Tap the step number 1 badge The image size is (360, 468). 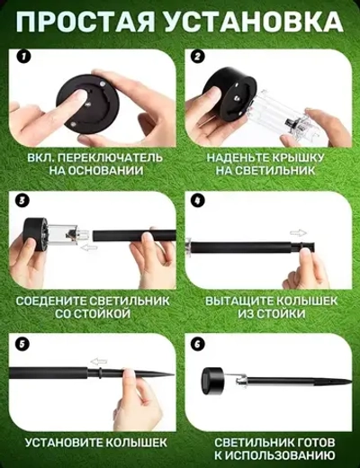[x=23, y=56]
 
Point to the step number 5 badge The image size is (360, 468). [x=23, y=343]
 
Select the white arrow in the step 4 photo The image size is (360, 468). [x=298, y=231]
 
